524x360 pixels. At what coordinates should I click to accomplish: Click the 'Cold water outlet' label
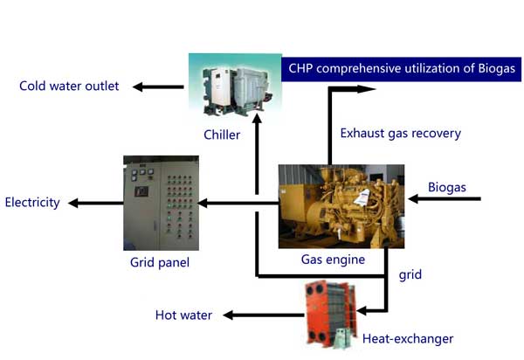[x=70, y=86]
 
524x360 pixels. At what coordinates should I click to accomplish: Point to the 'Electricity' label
[x=32, y=203]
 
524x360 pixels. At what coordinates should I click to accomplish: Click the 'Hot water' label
[x=183, y=315]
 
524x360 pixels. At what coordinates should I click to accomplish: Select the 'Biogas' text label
[x=447, y=187]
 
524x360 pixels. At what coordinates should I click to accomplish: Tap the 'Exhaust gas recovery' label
[x=401, y=134]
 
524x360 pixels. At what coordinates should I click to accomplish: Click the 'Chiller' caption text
[x=222, y=135]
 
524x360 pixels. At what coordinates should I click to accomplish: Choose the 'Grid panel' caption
[x=160, y=260]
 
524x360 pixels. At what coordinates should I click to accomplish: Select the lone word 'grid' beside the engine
[x=410, y=274]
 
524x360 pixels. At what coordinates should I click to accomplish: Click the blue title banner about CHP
[x=402, y=68]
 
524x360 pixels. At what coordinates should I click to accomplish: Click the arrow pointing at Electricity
[x=94, y=203]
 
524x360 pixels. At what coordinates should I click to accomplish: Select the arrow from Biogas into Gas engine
[x=445, y=200]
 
